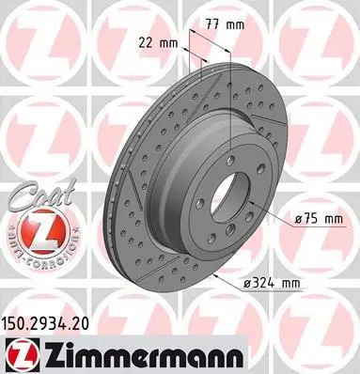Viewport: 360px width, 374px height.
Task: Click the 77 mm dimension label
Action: tap(225, 24)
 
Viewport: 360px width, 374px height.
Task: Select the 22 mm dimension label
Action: tap(158, 43)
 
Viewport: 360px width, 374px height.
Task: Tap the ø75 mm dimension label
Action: tap(319, 219)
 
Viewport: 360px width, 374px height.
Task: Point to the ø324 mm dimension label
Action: tap(272, 283)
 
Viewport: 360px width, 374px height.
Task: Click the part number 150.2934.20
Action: tap(45, 323)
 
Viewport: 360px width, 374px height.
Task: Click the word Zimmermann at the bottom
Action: tap(143, 355)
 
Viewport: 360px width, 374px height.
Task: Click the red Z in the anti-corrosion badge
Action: tap(43, 231)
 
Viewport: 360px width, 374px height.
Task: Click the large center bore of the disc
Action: tap(230, 198)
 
